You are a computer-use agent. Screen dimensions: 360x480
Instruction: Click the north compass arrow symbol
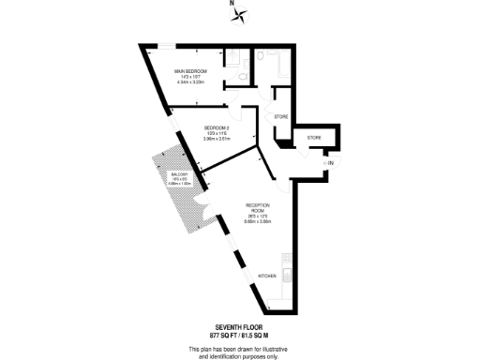tap(241, 14)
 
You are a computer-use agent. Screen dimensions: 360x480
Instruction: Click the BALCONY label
tap(180, 174)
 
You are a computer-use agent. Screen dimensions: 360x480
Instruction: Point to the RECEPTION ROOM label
tap(258, 207)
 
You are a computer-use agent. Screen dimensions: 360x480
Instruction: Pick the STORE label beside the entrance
tap(314, 140)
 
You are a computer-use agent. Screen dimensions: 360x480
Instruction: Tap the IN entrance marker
tap(330, 164)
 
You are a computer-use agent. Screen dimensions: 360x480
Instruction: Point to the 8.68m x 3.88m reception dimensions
tap(258, 222)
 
